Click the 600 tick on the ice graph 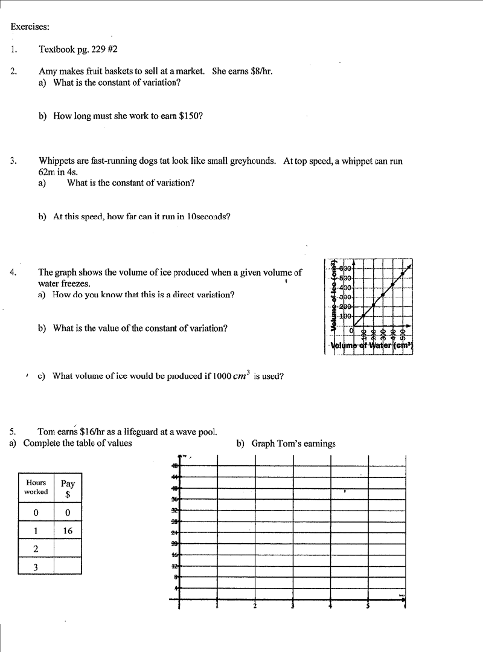(345, 268)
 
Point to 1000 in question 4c (223, 376)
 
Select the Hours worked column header (36, 487)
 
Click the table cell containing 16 (68, 531)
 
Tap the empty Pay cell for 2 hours (68, 549)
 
